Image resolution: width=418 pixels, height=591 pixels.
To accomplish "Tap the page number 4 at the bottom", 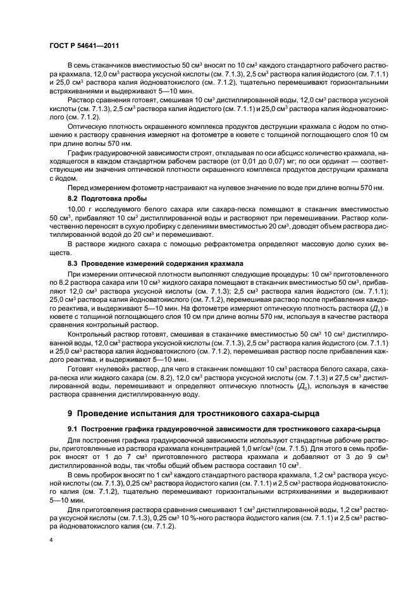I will coord(51,540).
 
